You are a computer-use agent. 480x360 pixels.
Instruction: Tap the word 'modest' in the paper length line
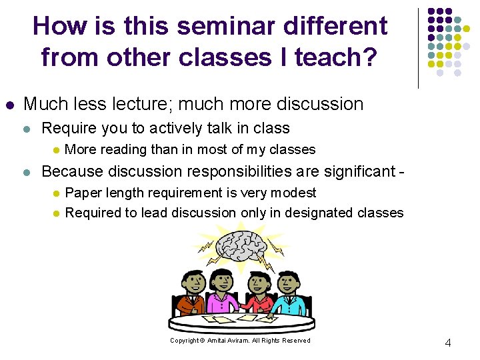coord(295,193)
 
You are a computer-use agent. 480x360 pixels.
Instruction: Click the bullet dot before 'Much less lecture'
coord(9,105)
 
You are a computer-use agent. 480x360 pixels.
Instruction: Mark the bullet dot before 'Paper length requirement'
coord(56,193)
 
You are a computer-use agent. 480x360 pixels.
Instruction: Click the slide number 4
coord(447,343)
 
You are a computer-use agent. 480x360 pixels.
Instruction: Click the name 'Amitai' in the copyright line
coord(218,341)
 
